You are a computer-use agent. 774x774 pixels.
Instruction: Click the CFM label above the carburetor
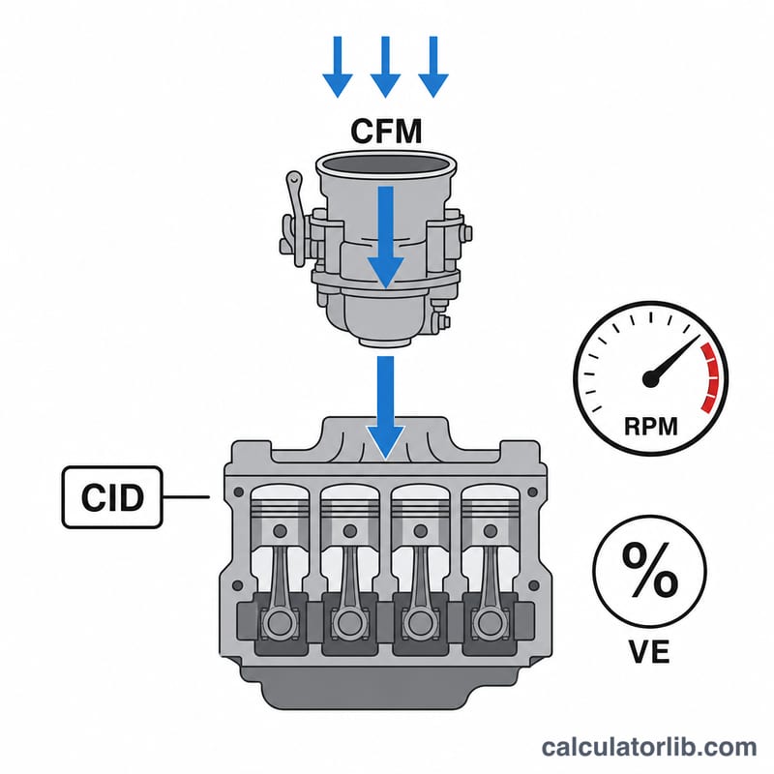point(386,131)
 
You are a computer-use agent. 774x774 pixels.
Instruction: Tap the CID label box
point(112,497)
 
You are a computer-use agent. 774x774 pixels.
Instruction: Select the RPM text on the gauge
point(650,426)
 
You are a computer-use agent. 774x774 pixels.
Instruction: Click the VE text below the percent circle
point(649,651)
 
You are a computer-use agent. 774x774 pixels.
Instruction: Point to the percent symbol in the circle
point(649,570)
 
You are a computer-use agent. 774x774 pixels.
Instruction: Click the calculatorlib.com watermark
point(648,747)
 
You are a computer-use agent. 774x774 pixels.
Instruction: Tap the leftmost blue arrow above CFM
point(338,67)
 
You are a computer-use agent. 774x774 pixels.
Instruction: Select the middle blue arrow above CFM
point(385,67)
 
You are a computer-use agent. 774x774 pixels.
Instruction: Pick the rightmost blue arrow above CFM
point(433,67)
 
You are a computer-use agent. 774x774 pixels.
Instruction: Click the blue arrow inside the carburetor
point(385,237)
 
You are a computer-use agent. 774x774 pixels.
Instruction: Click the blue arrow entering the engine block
point(385,407)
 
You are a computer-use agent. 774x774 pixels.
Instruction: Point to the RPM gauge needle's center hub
point(650,378)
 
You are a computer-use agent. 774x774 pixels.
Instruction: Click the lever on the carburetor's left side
point(296,219)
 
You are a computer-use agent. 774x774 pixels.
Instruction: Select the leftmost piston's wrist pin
point(280,531)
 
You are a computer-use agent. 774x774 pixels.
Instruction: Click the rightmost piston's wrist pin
point(491,531)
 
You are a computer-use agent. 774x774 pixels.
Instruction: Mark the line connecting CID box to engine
point(186,497)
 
